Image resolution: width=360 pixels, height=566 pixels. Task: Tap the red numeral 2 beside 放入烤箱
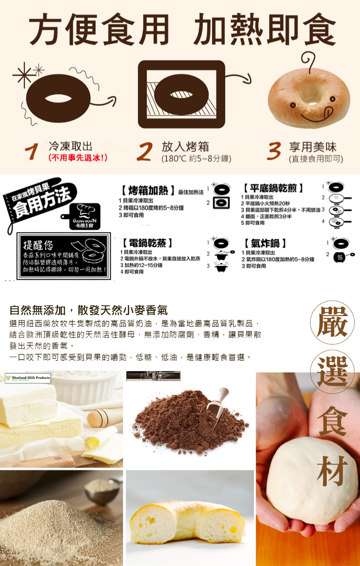pyautogui.click(x=144, y=151)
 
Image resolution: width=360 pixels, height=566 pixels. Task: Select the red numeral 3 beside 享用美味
pyautogui.click(x=274, y=151)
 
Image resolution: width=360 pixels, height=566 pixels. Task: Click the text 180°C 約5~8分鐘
pyautogui.click(x=196, y=159)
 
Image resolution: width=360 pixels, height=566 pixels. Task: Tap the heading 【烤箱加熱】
pyautogui.click(x=148, y=191)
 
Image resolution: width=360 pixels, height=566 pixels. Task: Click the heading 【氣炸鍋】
pyautogui.click(x=265, y=243)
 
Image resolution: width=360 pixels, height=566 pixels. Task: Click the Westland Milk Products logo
pyautogui.click(x=27, y=378)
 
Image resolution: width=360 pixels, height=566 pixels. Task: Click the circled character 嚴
pyautogui.click(x=333, y=323)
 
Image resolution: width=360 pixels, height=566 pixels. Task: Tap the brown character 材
pyautogui.click(x=333, y=471)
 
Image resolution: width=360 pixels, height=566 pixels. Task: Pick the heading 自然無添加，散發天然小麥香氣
pyautogui.click(x=89, y=310)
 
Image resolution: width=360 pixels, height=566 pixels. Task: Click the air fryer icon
pyautogui.click(x=339, y=258)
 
